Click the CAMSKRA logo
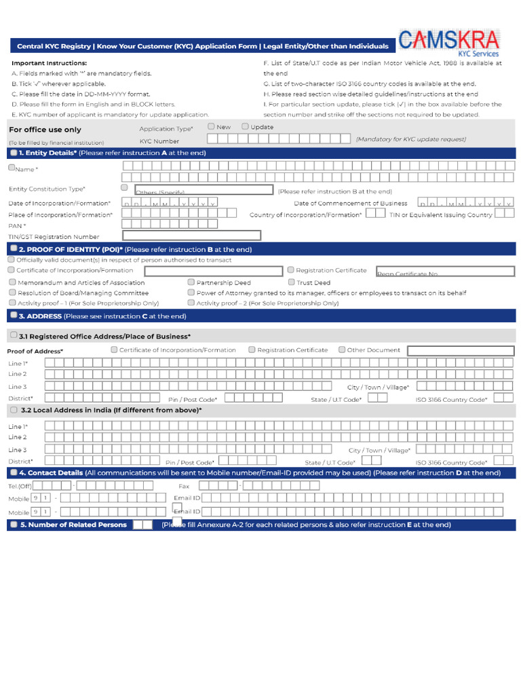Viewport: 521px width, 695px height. tap(449, 42)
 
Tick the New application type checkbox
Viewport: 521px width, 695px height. tap(212, 126)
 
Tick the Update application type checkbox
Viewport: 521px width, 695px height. tap(245, 126)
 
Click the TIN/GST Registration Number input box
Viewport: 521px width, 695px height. tap(191, 236)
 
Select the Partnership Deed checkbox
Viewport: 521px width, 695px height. tap(191, 282)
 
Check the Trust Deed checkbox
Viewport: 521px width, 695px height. tap(291, 282)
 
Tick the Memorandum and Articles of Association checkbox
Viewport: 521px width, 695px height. tap(12, 282)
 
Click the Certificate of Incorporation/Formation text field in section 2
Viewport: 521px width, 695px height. tap(214, 271)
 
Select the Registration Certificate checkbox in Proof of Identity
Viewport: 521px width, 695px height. tap(291, 270)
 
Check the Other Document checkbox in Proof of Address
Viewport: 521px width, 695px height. tap(342, 350)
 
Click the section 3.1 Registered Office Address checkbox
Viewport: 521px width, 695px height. tap(14, 335)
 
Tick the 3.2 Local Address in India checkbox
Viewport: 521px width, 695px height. tap(14, 410)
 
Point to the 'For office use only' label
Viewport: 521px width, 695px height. tap(45, 130)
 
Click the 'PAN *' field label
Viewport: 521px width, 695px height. tap(17, 225)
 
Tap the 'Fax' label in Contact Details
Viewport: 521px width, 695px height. tap(184, 486)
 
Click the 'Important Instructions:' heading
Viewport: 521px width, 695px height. tap(49, 63)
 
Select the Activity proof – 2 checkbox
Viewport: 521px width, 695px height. tap(191, 303)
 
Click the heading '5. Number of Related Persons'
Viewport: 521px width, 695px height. tap(73, 525)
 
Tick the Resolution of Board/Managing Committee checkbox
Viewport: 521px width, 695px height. tap(12, 293)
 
